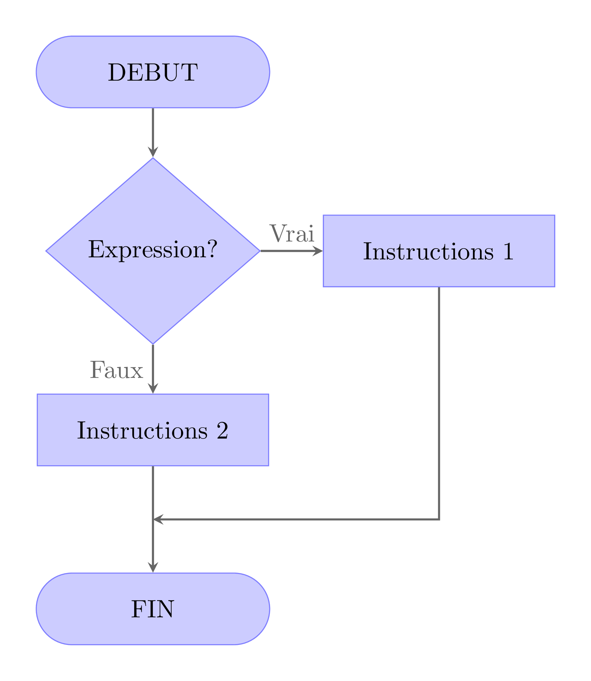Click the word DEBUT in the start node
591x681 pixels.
(153, 72)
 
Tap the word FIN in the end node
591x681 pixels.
(153, 609)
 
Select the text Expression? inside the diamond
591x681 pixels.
(153, 250)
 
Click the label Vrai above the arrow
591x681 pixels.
(292, 233)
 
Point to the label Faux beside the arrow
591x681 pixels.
(117, 370)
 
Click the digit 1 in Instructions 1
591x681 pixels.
(508, 252)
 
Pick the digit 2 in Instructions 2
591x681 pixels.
(222, 430)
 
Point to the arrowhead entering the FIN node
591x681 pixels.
(153, 567)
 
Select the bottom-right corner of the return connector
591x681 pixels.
(439, 519)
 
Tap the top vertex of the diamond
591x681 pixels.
(153, 159)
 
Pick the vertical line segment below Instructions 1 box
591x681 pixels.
(439, 396)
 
